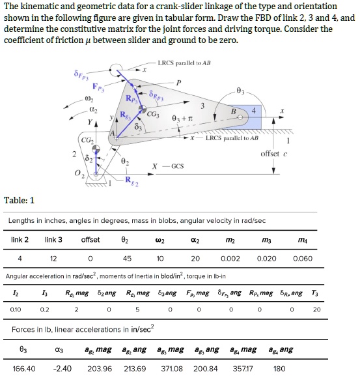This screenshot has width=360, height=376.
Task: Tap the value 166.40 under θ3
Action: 24,368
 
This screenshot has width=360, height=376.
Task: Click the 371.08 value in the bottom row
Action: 172,368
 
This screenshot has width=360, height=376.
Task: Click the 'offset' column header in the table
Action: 90,240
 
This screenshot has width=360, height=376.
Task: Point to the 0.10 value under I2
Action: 15,309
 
